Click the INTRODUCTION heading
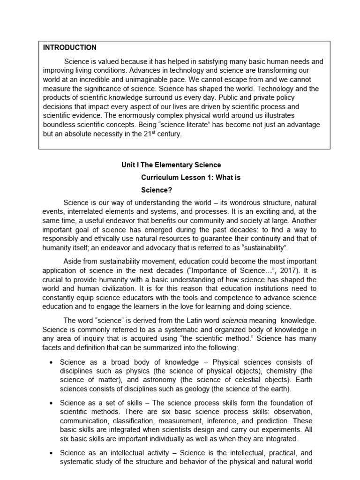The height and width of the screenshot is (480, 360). point(70,47)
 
